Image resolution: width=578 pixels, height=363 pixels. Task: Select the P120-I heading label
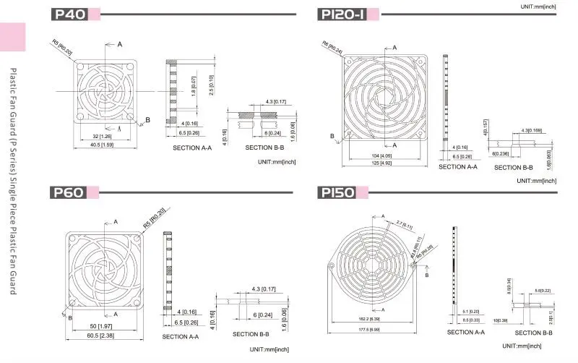click(342, 14)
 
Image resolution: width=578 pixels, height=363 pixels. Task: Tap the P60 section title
click(68, 192)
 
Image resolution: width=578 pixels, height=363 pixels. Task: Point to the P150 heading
click(337, 192)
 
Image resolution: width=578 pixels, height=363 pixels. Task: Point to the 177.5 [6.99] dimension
click(371, 329)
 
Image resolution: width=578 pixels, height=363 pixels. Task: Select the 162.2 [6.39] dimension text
click(370, 318)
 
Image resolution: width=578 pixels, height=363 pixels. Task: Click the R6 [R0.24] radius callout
click(332, 46)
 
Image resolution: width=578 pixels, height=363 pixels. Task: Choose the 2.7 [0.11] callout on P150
click(403, 226)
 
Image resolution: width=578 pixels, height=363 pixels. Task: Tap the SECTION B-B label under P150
click(533, 333)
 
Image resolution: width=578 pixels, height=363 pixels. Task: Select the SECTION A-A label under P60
click(182, 336)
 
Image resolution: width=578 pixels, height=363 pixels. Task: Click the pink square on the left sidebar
click(12, 37)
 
